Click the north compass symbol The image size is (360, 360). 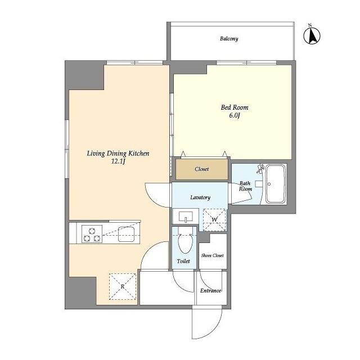point(312,35)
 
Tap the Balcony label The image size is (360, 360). point(229,39)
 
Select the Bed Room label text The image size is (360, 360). point(235,107)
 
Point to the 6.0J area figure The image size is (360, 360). point(235,115)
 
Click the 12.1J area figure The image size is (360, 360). point(118,161)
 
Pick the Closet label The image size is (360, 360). point(201,169)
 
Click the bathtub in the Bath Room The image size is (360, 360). point(276,184)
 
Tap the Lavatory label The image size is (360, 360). point(200,197)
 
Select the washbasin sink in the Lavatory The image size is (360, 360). point(186,217)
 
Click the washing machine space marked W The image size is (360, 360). point(214,219)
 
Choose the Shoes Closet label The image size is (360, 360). point(213,255)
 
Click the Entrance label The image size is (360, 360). point(210,291)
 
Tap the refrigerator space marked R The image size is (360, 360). point(123,286)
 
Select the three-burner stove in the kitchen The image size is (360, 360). point(92,234)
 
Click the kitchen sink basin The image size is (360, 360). point(126,234)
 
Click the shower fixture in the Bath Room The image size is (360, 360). point(261,169)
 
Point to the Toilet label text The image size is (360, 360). point(183,261)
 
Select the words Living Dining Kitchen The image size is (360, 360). point(118,154)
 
